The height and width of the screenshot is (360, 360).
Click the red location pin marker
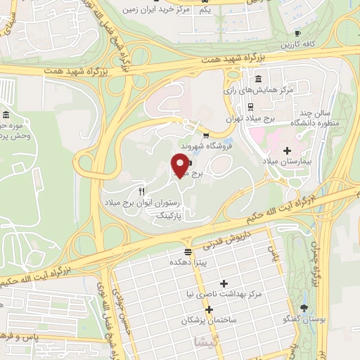pyautogui.click(x=179, y=165)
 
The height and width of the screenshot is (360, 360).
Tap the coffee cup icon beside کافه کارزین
pyautogui.click(x=297, y=34)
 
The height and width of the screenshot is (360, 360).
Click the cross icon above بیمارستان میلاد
pyautogui.click(x=287, y=150)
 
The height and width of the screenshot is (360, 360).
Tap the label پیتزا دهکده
pyautogui.click(x=186, y=262)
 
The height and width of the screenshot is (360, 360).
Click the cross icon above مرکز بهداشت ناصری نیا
pyautogui.click(x=224, y=284)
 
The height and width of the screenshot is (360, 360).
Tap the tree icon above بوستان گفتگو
pyautogui.click(x=304, y=307)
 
